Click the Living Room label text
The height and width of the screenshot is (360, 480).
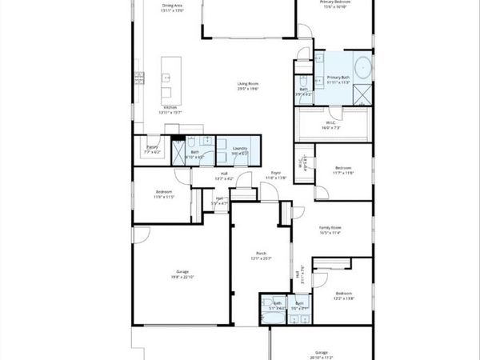pyautogui.click(x=247, y=84)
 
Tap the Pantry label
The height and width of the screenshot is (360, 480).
pyautogui.click(x=152, y=147)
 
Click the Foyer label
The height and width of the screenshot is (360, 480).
pyautogui.click(x=276, y=172)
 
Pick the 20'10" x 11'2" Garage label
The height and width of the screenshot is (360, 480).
pyautogui.click(x=321, y=352)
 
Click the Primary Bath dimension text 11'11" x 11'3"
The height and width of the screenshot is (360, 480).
pyautogui.click(x=339, y=82)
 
